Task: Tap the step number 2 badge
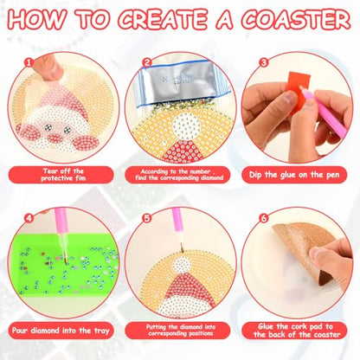(147, 62)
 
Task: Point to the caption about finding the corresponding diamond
(179, 174)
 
